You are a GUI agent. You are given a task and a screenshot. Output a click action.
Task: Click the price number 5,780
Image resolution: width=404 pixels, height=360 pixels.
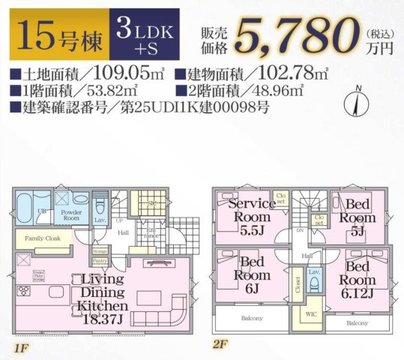point(295,34)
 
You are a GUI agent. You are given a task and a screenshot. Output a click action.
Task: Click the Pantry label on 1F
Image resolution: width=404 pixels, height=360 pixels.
point(100,260)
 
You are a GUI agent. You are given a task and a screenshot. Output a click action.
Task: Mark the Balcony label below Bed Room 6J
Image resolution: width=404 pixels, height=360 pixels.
point(251,318)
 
